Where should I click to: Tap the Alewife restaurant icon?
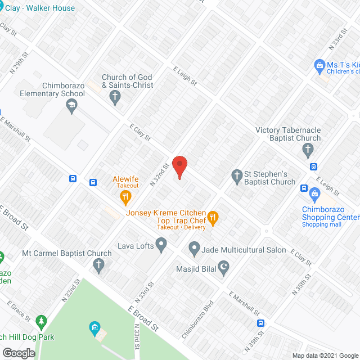tap(125, 197)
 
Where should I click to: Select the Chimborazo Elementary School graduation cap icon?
tap(71, 105)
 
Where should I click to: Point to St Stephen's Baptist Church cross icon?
tap(237, 177)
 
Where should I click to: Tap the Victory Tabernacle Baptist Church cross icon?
tap(307, 150)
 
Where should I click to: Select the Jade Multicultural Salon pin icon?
tap(194, 247)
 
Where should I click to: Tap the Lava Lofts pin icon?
tap(161, 245)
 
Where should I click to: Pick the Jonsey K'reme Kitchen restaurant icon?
tap(213, 217)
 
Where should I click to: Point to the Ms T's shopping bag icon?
tap(319, 66)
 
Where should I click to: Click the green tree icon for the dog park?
tap(40, 322)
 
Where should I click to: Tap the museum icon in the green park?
tap(94, 327)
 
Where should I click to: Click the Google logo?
tap(19, 353)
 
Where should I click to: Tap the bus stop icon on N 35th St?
tap(260, 323)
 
